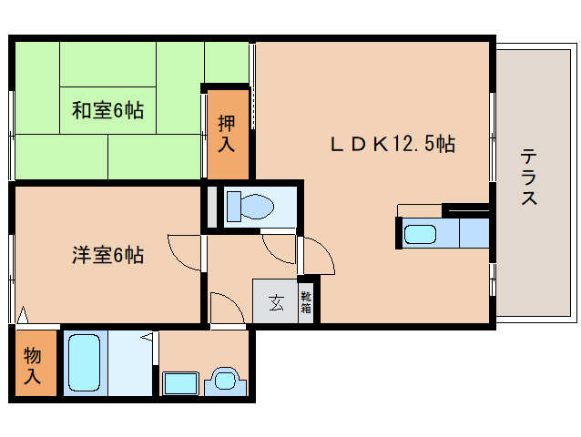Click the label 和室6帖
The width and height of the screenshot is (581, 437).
[x=108, y=111]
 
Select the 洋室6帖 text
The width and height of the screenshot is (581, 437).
[x=107, y=255]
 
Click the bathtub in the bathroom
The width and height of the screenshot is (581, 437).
[x=84, y=363]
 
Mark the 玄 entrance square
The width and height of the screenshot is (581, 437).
[x=275, y=302]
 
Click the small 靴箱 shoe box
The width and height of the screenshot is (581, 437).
[x=307, y=302]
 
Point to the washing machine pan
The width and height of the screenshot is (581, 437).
[x=181, y=382]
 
